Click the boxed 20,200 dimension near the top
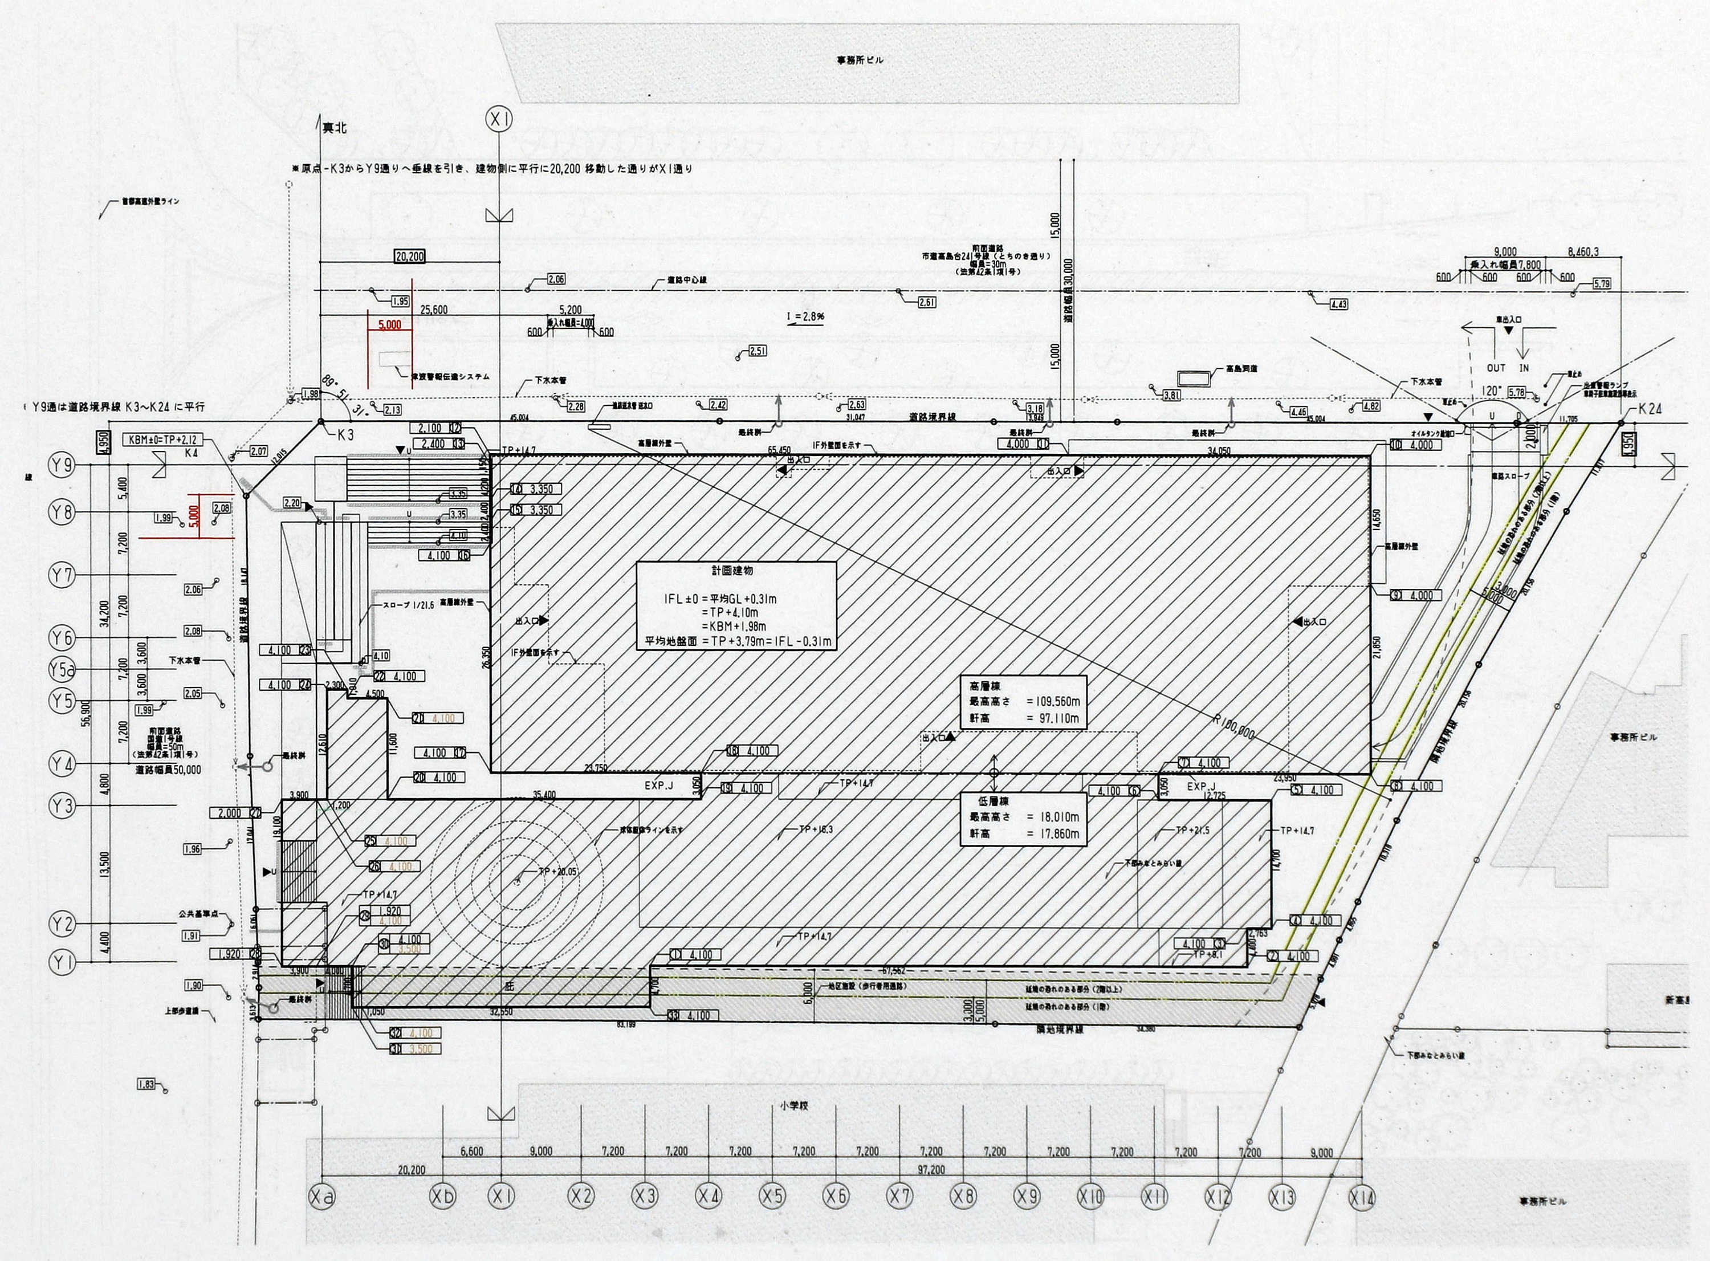click(x=410, y=256)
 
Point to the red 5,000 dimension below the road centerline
click(x=388, y=324)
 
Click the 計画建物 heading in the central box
click(x=735, y=570)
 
